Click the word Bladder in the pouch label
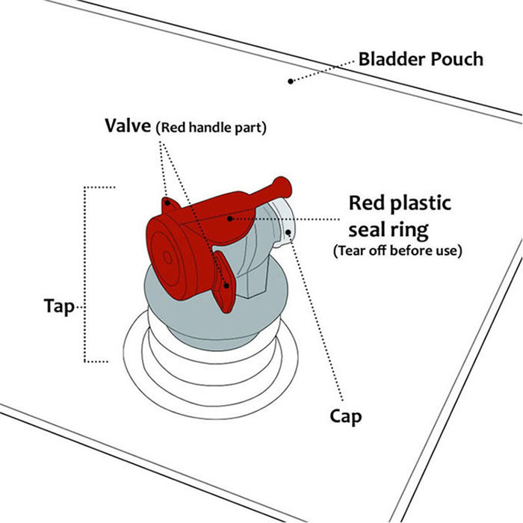(x=392, y=59)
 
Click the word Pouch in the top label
(x=457, y=59)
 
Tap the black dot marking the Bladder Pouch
(x=291, y=81)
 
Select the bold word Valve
(x=128, y=126)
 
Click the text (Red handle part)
(x=211, y=128)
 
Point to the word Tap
(x=59, y=306)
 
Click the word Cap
(x=345, y=417)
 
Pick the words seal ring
(x=389, y=230)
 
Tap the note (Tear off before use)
(x=397, y=250)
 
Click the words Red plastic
(x=400, y=203)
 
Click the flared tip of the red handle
(x=283, y=188)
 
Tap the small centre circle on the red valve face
(x=167, y=257)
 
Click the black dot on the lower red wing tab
(x=227, y=286)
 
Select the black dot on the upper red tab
(x=168, y=202)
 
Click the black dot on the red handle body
(x=230, y=219)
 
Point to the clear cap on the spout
(x=283, y=221)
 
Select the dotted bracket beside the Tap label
(x=84, y=274)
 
